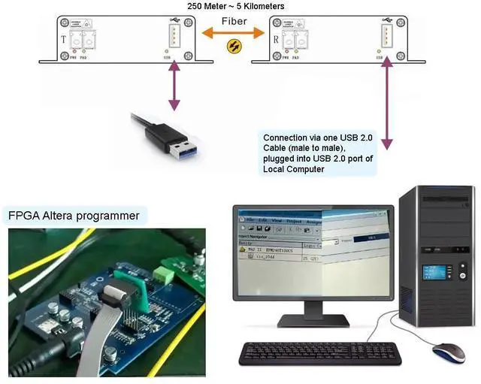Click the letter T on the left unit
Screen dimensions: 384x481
(62, 38)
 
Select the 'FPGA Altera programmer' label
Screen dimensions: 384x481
(74, 216)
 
